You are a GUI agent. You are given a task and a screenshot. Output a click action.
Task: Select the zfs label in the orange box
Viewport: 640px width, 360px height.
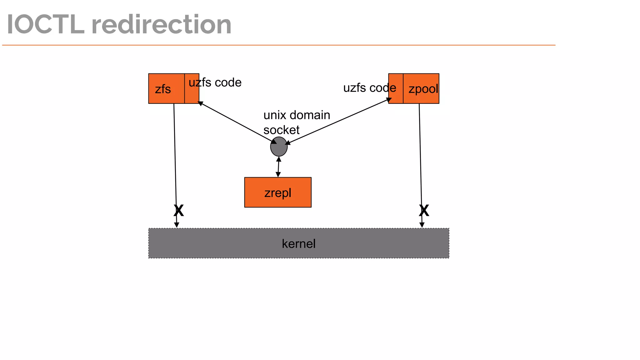click(163, 89)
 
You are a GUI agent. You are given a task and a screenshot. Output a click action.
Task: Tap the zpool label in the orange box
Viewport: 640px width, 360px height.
click(423, 89)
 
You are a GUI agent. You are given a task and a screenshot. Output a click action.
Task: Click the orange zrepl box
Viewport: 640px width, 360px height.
click(277, 192)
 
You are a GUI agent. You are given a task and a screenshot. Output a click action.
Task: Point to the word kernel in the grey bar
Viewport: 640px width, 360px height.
click(298, 244)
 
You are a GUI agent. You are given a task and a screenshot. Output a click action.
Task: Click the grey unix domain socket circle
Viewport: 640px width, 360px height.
click(279, 147)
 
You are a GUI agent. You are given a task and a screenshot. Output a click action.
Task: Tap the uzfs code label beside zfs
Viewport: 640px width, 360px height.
click(215, 82)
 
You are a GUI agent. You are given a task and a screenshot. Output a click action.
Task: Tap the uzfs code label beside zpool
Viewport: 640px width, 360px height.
click(369, 88)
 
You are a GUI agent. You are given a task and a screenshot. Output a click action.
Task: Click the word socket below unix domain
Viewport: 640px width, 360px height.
click(281, 130)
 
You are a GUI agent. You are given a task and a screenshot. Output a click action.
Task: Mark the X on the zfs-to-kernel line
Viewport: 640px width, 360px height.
click(179, 211)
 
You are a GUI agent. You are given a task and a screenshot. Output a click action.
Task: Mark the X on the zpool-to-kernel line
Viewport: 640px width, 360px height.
click(424, 211)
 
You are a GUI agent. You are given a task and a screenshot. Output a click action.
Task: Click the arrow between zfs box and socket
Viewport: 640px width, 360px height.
click(237, 123)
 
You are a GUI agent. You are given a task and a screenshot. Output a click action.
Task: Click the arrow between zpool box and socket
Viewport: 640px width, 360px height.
click(337, 122)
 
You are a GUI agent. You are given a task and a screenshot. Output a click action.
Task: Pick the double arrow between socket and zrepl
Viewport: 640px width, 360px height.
click(278, 167)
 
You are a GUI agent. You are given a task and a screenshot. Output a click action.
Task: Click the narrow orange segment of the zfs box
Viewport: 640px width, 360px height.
click(192, 89)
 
